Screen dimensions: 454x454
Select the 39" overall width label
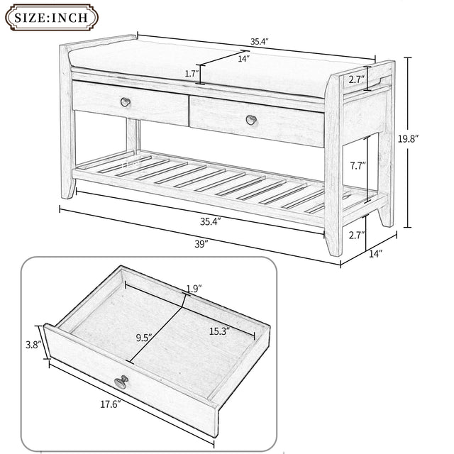(x=201, y=244)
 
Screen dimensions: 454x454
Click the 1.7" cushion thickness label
(x=191, y=72)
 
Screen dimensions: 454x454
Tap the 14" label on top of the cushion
(x=243, y=59)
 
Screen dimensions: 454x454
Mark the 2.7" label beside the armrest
(x=356, y=80)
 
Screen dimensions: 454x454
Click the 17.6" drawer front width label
(x=110, y=404)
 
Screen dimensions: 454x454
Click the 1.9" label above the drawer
(x=192, y=289)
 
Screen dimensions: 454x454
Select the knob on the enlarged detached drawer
(x=121, y=382)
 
